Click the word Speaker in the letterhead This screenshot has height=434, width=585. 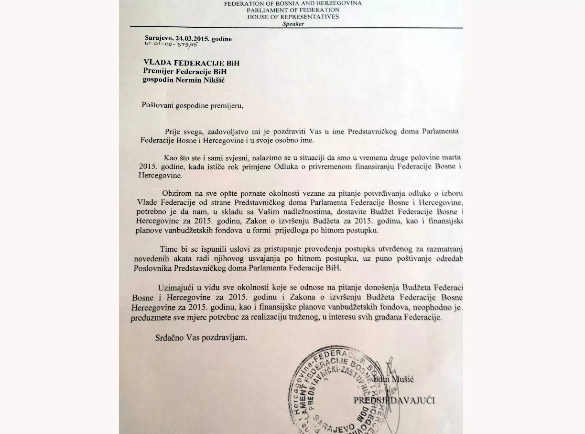point(293,24)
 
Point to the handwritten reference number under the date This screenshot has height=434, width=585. point(171,45)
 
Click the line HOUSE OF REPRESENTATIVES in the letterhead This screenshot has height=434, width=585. point(293,17)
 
